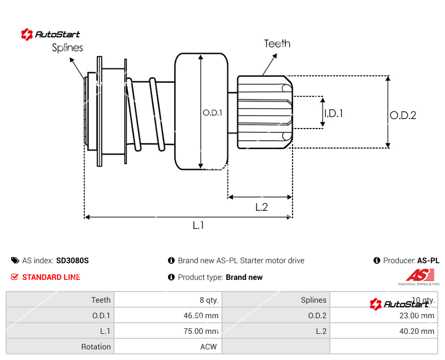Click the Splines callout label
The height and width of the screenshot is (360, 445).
[x=67, y=48]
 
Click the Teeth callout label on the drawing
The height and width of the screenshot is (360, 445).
[x=277, y=43]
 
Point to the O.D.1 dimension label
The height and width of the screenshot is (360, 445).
[x=212, y=112]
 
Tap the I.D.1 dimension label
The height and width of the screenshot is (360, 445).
[x=333, y=114]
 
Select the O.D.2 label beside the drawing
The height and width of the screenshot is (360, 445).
[x=403, y=115]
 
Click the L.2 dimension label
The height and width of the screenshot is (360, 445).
[x=261, y=207]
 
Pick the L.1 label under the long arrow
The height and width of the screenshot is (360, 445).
[x=199, y=225]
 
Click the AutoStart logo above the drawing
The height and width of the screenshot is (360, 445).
[x=51, y=34]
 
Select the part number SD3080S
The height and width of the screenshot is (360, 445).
[x=72, y=260]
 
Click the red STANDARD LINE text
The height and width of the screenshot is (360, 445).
[x=51, y=277]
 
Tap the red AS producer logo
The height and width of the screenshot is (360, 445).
[x=419, y=275]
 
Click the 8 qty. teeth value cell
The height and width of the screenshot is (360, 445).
[x=209, y=300]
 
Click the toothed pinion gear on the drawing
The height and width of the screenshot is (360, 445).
[x=265, y=112]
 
